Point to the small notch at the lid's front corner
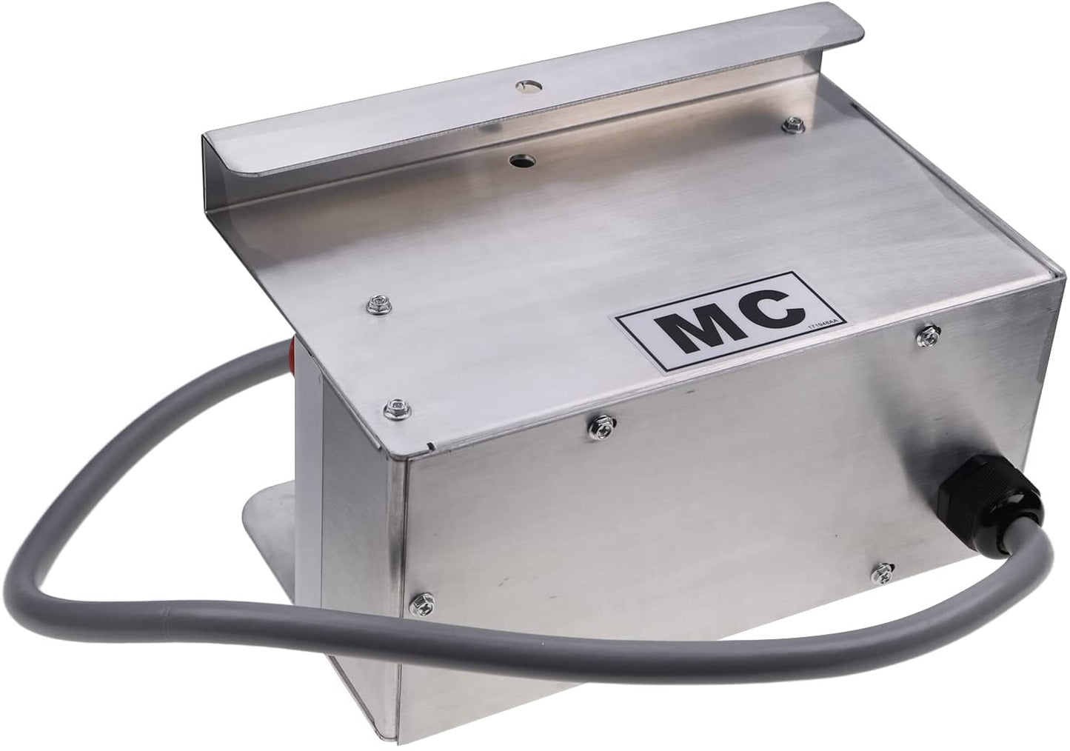433,446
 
